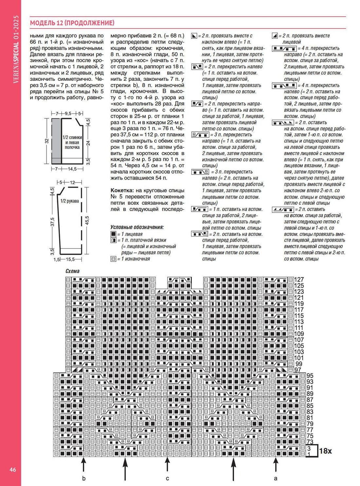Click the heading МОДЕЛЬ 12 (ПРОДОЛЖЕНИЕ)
pos(72,23)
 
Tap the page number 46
pos(13,470)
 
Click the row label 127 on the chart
pos(299,280)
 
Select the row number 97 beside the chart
pos(298,370)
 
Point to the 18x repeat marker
pos(325,451)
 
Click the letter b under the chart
pos(84,478)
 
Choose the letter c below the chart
pos(167,478)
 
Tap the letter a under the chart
pos(276,478)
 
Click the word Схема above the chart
pos(72,271)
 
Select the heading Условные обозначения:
pos(137,227)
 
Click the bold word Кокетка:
pos(122,190)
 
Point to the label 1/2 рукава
pos(70,201)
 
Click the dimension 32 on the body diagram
pos(47,141)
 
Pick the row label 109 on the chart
pos(299,334)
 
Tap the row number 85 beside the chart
pos(310,406)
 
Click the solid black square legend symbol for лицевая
pos(113,234)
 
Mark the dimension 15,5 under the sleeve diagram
pos(70,259)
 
